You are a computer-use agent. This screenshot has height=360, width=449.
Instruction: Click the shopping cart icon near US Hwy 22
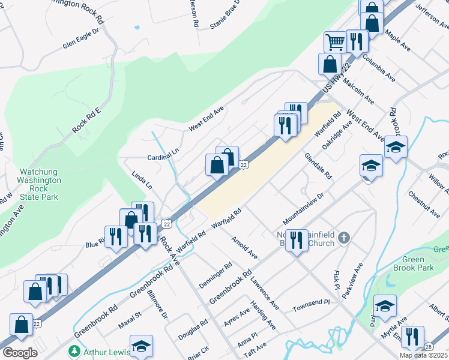(334, 42)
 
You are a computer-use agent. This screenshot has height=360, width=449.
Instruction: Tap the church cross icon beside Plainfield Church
(343, 238)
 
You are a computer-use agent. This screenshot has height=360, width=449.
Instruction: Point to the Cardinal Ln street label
(163, 157)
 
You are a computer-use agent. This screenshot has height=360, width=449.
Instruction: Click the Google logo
(20, 353)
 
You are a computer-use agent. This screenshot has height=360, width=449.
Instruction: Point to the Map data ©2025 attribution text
(423, 355)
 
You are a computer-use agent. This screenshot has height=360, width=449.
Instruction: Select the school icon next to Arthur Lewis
(141, 346)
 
